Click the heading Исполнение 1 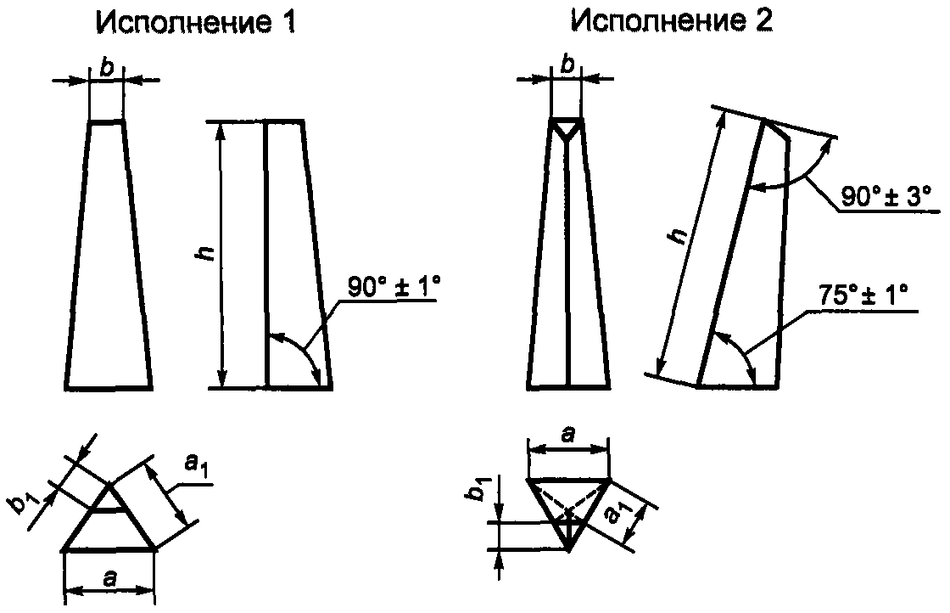pyautogui.click(x=196, y=23)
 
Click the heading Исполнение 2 pyautogui.click(x=671, y=23)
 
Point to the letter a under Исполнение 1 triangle pyautogui.click(x=109, y=579)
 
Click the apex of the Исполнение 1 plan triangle pyautogui.click(x=110, y=485)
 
